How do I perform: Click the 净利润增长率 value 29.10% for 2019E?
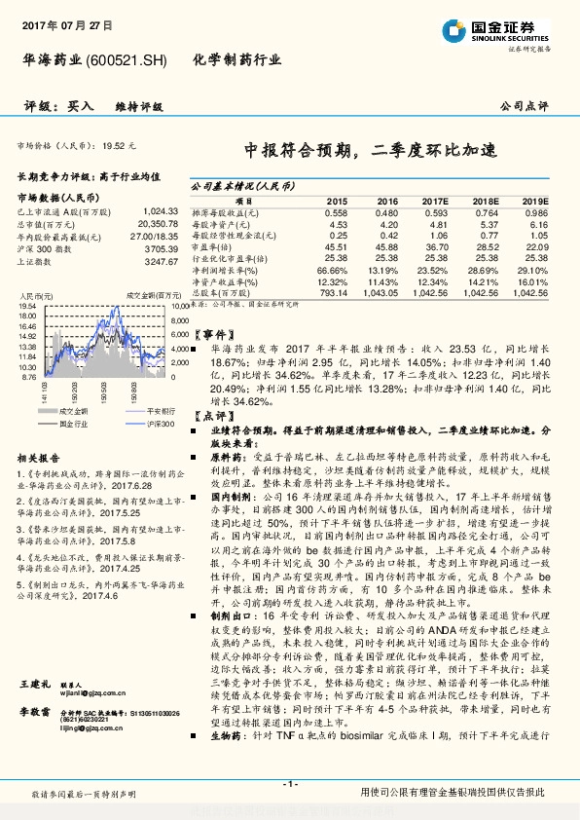[534, 270]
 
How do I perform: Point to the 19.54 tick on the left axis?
[28, 306]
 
